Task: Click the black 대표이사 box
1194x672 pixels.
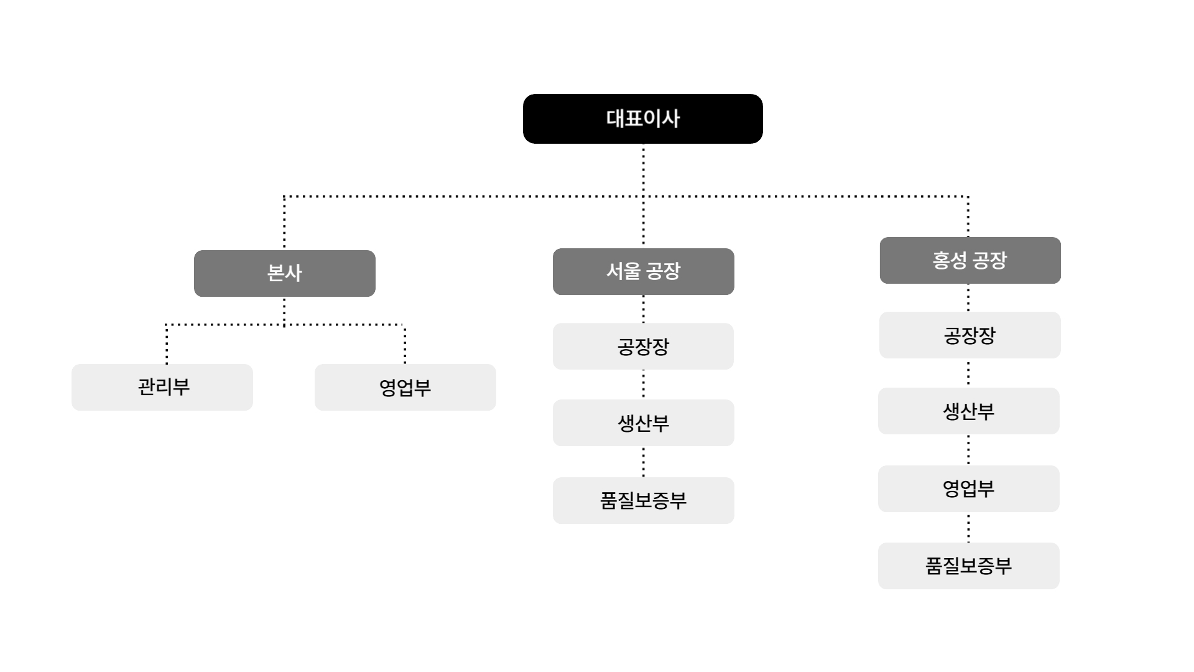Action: (642, 119)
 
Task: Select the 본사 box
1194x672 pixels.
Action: (284, 273)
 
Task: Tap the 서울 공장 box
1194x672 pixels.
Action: (643, 271)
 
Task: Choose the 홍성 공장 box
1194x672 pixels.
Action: (970, 260)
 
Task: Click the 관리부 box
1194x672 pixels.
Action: (162, 387)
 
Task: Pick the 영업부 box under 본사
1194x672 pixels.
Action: (405, 387)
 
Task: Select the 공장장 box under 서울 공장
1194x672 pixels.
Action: (643, 346)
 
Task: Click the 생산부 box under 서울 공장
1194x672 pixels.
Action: (643, 422)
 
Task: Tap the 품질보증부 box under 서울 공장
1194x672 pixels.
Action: (643, 500)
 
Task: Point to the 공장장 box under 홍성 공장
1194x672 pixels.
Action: (970, 335)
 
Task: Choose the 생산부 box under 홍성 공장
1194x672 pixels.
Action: (968, 411)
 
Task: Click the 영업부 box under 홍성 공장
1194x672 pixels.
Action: (968, 488)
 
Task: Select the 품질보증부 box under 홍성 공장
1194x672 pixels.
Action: (968, 566)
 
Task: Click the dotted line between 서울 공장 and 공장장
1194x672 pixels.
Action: (643, 309)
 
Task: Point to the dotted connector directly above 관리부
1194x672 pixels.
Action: (167, 345)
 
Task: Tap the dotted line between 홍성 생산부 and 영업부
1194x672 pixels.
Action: (968, 450)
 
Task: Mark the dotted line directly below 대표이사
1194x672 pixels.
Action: (643, 168)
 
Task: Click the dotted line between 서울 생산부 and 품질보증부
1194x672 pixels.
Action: (643, 462)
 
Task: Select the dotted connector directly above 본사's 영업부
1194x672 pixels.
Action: (405, 345)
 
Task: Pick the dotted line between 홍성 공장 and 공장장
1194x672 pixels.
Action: (968, 297)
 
